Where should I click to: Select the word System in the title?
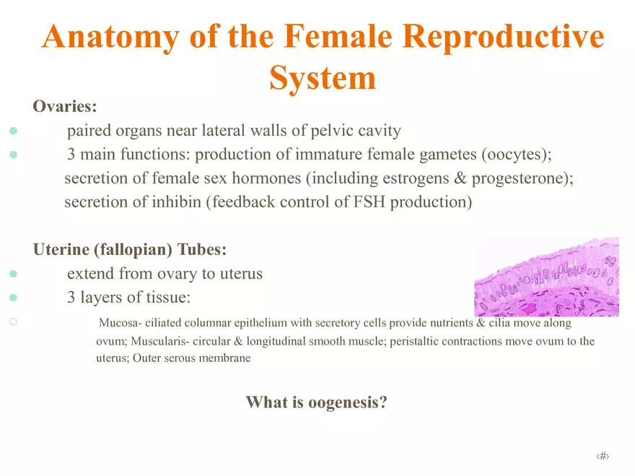(x=323, y=77)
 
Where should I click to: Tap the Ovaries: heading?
(x=65, y=107)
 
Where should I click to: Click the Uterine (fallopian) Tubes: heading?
(x=130, y=250)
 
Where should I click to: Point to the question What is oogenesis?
(x=317, y=402)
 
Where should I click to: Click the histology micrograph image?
(x=546, y=277)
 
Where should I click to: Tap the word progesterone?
(x=516, y=178)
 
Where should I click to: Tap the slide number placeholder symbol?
(x=603, y=456)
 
